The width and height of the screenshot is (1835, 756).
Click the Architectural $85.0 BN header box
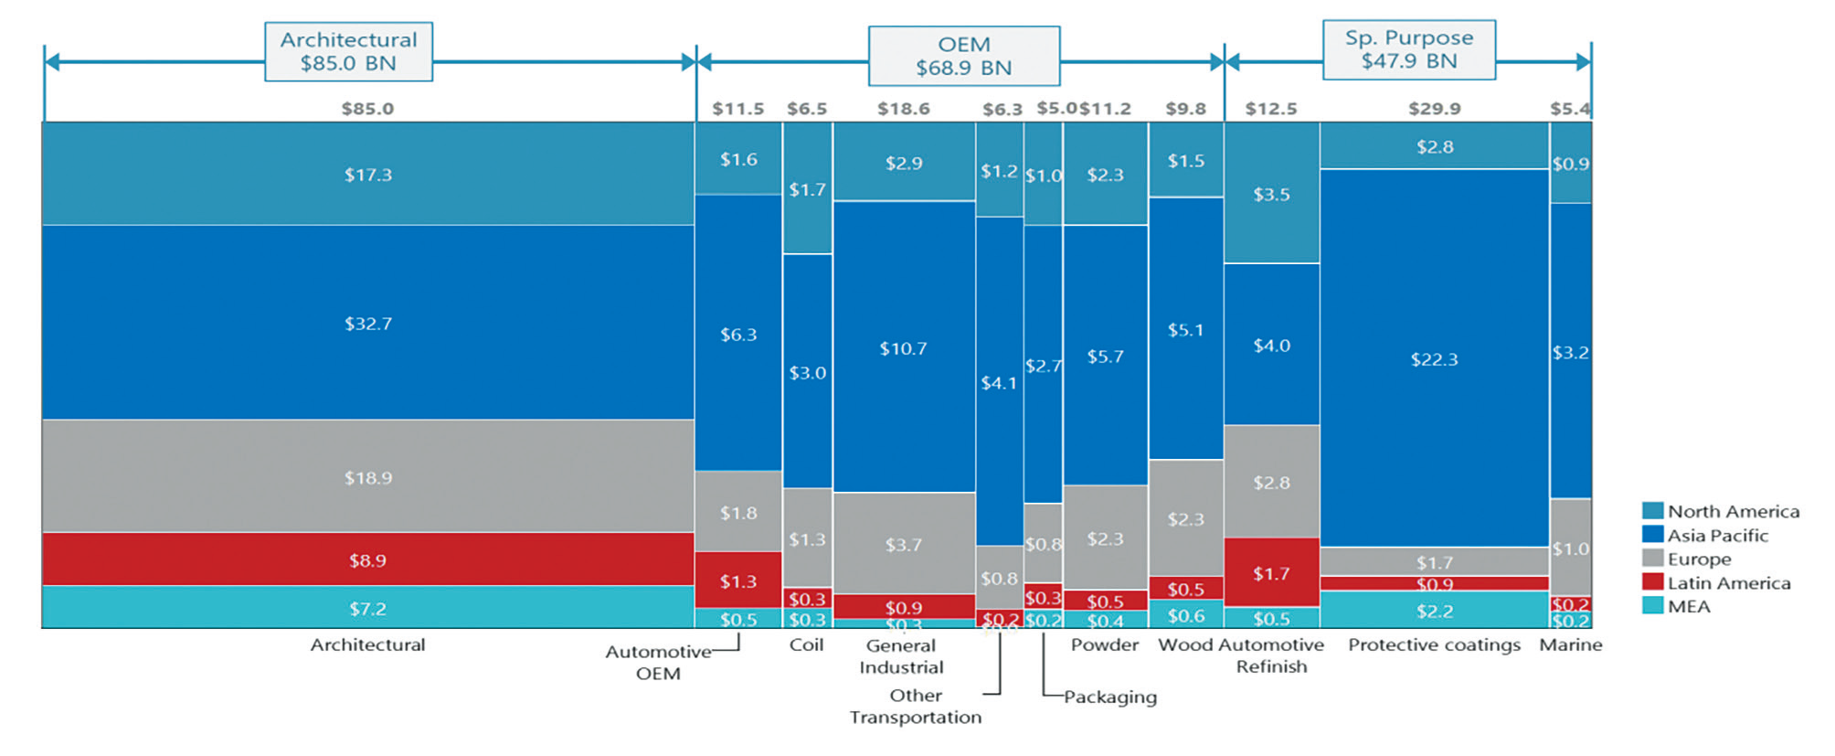click(x=348, y=52)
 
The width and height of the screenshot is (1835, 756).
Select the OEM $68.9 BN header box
click(x=963, y=56)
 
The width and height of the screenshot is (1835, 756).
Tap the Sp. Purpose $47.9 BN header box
click(x=1408, y=49)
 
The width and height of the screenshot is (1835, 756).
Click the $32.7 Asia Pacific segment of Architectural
click(x=367, y=323)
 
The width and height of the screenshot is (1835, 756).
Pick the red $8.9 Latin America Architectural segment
click(x=367, y=559)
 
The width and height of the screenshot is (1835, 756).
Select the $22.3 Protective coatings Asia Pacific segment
click(x=1434, y=358)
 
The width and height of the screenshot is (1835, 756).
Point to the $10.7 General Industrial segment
click(x=903, y=347)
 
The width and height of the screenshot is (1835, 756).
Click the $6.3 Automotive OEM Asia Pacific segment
click(x=738, y=334)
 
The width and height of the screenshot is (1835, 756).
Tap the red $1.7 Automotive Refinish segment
click(x=1271, y=573)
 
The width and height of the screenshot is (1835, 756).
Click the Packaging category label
click(x=1109, y=697)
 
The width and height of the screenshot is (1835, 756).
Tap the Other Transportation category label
click(x=916, y=706)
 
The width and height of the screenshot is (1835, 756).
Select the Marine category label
click(x=1570, y=644)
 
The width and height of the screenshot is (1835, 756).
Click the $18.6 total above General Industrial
click(x=903, y=109)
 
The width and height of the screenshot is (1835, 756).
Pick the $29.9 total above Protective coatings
click(x=1434, y=109)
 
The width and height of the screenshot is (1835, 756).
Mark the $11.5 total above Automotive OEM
click(x=737, y=109)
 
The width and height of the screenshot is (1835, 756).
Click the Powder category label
click(x=1104, y=644)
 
